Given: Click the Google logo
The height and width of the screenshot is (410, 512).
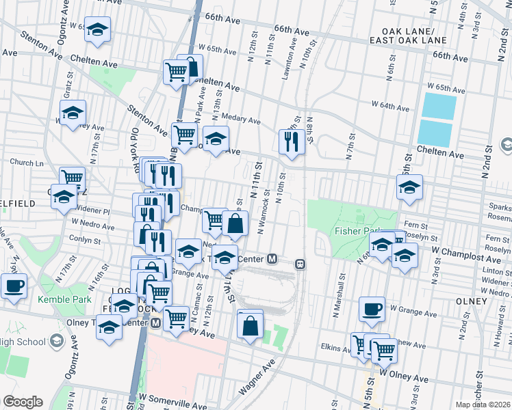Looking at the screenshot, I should pos(22,402).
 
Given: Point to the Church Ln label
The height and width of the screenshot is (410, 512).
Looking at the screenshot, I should pos(26,163).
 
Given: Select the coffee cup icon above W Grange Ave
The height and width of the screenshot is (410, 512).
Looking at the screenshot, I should pos(372,309).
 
